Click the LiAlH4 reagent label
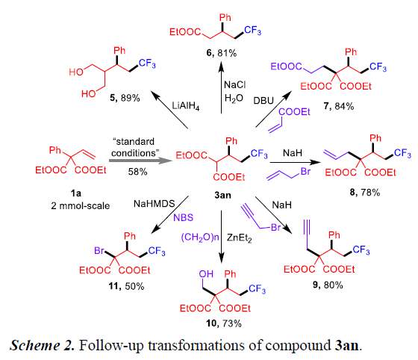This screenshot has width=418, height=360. coord(186,106)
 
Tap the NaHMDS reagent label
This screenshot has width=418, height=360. coord(154,203)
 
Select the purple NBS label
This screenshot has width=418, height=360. coord(183,217)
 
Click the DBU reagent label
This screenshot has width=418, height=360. coord(263,101)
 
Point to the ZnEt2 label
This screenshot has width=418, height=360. coord(239,238)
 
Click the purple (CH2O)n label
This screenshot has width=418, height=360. coord(200,238)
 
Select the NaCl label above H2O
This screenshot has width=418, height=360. coord(234,85)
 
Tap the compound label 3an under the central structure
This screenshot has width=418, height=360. coord(222,195)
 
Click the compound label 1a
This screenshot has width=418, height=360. coord(76,193)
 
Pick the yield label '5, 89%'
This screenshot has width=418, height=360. coord(125,98)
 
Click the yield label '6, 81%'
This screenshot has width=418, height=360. coord(222,53)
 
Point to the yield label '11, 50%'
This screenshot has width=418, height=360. coord(126,286)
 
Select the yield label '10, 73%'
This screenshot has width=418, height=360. coord(224,323)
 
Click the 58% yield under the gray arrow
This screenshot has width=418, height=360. coord(137,172)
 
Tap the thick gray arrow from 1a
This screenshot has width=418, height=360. coord(140,161)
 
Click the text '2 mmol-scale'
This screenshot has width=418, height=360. coord(81,206)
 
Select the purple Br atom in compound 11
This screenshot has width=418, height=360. coord(99,251)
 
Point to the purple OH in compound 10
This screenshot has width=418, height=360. coord(206,274)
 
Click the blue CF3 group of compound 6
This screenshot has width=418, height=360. coord(252,31)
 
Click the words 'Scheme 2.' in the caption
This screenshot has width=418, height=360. coord(42,345)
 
